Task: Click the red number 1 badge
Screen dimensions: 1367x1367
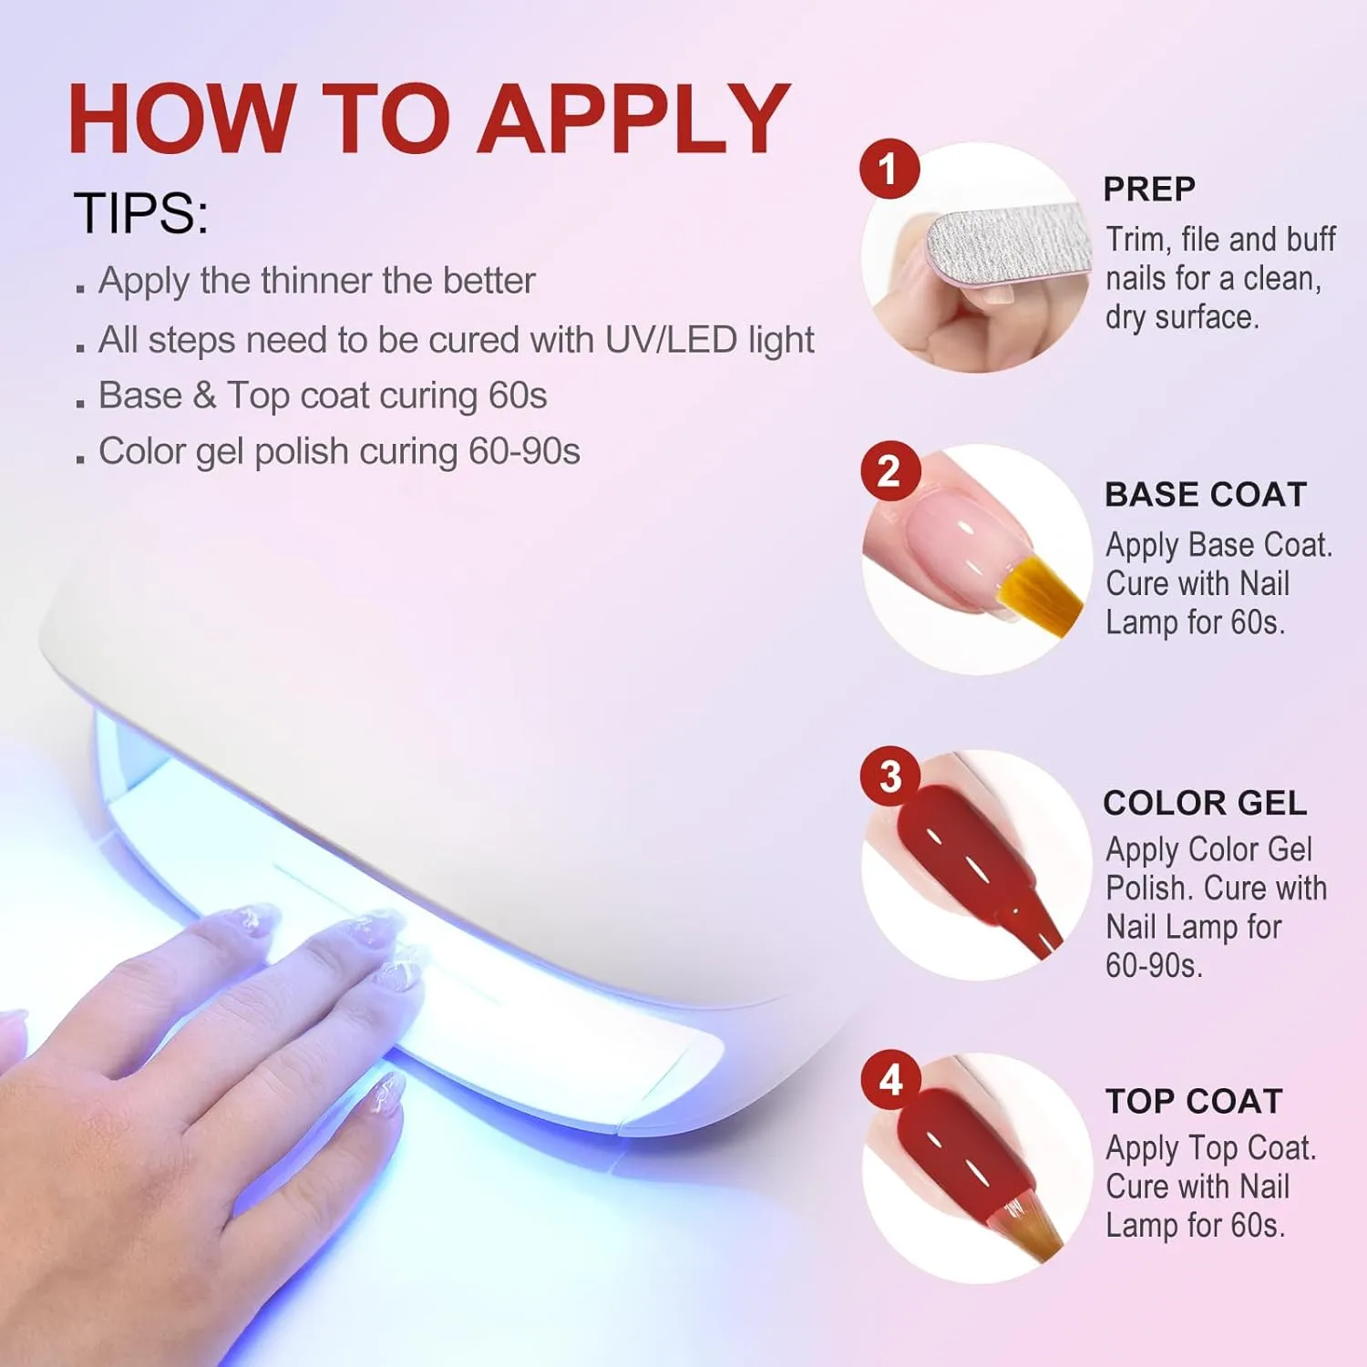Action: tap(889, 169)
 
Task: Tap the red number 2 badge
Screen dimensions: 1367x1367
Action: tap(889, 471)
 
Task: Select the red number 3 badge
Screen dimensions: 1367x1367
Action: tap(889, 776)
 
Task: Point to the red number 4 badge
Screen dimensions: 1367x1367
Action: tap(890, 1080)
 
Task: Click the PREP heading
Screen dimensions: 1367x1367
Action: tap(1149, 189)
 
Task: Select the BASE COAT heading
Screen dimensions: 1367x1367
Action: tap(1206, 494)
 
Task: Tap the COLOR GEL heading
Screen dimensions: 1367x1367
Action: tap(1205, 802)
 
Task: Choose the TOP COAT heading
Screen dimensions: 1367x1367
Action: tap(1194, 1101)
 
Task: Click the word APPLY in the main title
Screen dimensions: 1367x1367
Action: tap(634, 118)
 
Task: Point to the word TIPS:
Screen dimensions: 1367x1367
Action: tap(141, 213)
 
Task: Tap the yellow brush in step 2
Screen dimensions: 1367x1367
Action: tap(1039, 588)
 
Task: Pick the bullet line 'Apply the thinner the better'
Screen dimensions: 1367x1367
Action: tap(316, 281)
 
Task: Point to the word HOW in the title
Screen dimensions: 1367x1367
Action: tap(180, 118)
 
